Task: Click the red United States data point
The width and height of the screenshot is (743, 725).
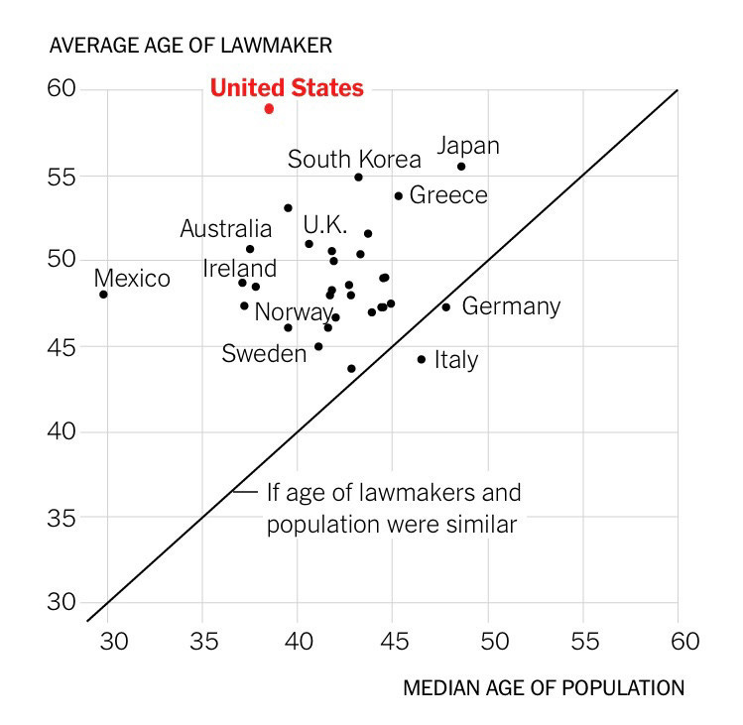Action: pos(269,108)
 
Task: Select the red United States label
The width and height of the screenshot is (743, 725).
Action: pos(287,88)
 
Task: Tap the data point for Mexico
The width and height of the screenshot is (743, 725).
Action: pos(103,295)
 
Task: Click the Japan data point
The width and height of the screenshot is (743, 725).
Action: pos(461,167)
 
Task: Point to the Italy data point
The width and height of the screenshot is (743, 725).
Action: pos(422,359)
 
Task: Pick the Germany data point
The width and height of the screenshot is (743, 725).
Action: pos(446,307)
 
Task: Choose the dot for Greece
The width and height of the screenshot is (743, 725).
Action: pos(399,196)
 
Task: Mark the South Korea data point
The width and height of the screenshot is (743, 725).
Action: pos(358,177)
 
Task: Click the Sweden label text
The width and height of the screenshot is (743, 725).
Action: pos(264,353)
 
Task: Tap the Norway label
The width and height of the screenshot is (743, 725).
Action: pos(294,312)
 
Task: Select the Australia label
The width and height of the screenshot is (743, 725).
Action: pos(225,229)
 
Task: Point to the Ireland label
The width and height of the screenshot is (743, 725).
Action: pos(239,268)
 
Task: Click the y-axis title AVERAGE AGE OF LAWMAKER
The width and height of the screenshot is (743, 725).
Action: pos(190,46)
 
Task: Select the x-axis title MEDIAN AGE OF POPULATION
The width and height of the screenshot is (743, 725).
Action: pos(544,687)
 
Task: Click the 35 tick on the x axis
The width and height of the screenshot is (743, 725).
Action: pos(202,641)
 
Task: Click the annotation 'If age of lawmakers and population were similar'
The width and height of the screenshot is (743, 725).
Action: pos(393,508)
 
